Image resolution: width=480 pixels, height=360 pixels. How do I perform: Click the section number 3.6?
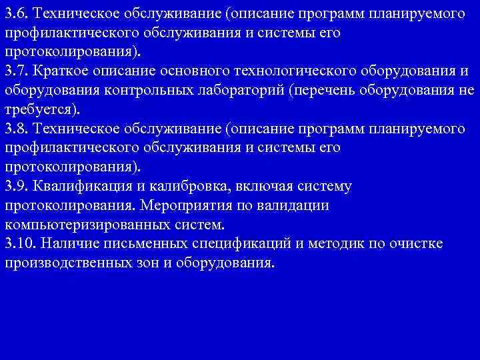pos(17,13)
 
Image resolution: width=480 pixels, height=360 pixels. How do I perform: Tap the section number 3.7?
pos(17,71)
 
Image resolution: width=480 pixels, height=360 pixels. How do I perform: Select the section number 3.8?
pos(17,129)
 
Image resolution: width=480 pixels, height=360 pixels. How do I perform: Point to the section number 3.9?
pos(17,187)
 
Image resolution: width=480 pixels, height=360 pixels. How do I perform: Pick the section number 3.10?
pos(21,244)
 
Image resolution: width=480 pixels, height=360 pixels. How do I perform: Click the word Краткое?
pos(62,71)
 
